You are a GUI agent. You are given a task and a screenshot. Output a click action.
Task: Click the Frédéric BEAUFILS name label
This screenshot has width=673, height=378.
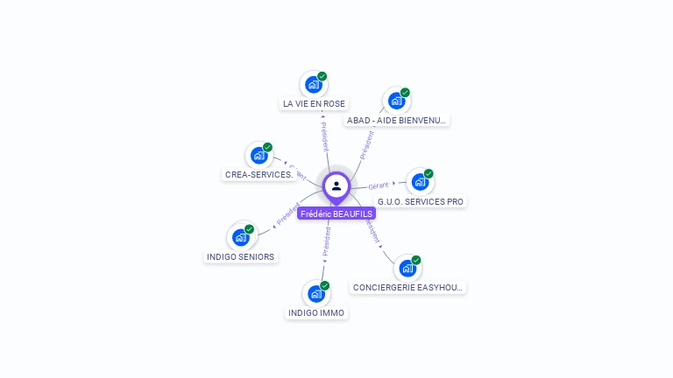pyautogui.click(x=336, y=213)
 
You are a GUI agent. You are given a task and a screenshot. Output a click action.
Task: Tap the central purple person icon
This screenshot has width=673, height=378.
pyautogui.click(x=336, y=185)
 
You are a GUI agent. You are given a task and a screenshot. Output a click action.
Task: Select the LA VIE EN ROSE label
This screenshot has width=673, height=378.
pyautogui.click(x=314, y=103)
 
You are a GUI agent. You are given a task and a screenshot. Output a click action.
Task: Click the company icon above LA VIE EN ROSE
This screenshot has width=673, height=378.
pyautogui.click(x=312, y=85)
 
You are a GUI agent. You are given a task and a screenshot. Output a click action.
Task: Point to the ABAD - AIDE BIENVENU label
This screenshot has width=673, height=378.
pyautogui.click(x=397, y=121)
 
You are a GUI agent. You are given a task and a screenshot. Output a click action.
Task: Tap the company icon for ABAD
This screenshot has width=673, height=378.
pyautogui.click(x=395, y=101)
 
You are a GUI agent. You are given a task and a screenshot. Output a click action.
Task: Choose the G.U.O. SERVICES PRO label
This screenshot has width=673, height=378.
pyautogui.click(x=421, y=201)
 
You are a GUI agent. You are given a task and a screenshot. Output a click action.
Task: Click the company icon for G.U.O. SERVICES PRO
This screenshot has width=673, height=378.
pyautogui.click(x=419, y=182)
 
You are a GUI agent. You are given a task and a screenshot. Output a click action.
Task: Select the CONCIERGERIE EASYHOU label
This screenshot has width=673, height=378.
pyautogui.click(x=408, y=287)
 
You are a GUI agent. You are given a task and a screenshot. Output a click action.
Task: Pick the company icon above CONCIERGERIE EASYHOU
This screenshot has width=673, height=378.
pyautogui.click(x=407, y=268)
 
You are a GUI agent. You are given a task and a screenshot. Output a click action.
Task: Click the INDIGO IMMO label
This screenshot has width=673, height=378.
pyautogui.click(x=317, y=312)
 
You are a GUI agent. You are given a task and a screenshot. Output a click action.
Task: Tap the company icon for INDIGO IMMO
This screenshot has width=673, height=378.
pyautogui.click(x=315, y=293)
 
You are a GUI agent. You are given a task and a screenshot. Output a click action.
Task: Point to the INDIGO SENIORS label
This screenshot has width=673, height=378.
pyautogui.click(x=241, y=256)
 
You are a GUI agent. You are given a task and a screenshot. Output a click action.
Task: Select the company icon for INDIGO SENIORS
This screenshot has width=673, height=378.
pyautogui.click(x=240, y=237)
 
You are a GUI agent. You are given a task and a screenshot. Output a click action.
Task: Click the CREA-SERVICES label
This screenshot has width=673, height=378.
pyautogui.click(x=259, y=174)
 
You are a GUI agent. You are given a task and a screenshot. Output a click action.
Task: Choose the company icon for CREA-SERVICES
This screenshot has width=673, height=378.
pyautogui.click(x=258, y=155)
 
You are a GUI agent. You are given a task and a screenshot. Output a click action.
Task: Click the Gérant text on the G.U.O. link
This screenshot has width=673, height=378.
pyautogui.click(x=379, y=185)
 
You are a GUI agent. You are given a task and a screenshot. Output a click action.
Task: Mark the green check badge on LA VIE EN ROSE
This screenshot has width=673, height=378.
pyautogui.click(x=322, y=76)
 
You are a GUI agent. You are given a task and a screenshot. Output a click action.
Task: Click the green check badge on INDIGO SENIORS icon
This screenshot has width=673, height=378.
pyautogui.click(x=250, y=228)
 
